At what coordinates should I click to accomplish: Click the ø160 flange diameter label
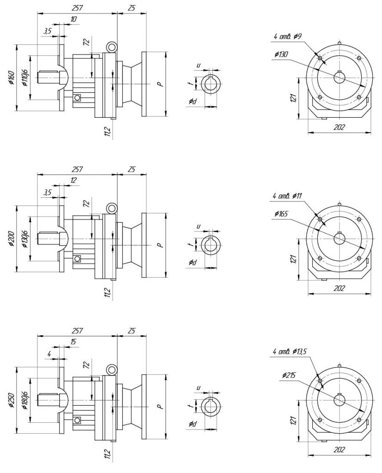11,78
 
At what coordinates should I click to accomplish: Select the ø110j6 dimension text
25,78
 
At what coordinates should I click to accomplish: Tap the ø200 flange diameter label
11,239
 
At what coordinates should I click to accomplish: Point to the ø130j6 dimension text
25,239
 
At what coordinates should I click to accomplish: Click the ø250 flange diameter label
11,400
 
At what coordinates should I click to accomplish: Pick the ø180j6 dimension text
25,400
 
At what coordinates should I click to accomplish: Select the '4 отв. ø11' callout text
287,196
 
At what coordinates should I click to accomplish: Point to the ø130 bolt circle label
281,55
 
